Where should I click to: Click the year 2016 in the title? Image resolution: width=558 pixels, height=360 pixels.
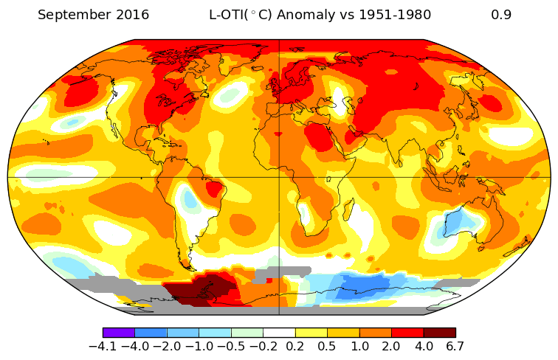(x=130, y=15)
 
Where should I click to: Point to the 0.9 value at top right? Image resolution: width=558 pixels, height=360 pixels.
(x=501, y=15)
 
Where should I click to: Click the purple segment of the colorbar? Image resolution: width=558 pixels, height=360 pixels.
(x=119, y=333)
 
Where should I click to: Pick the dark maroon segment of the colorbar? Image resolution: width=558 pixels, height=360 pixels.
(x=439, y=333)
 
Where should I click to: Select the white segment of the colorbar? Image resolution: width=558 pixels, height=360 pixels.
(x=279, y=333)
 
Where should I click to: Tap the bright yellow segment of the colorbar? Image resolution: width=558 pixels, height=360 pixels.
(x=311, y=333)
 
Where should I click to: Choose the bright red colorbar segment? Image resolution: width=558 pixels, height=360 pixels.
(x=407, y=333)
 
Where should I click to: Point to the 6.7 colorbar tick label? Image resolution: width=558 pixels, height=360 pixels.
(x=455, y=346)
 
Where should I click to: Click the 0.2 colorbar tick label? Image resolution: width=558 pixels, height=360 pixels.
(x=294, y=346)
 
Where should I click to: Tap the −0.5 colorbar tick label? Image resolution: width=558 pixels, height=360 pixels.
(x=230, y=346)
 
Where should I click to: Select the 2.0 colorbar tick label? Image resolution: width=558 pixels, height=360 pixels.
(x=391, y=346)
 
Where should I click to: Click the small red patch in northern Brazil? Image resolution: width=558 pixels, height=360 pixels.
(x=214, y=189)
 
